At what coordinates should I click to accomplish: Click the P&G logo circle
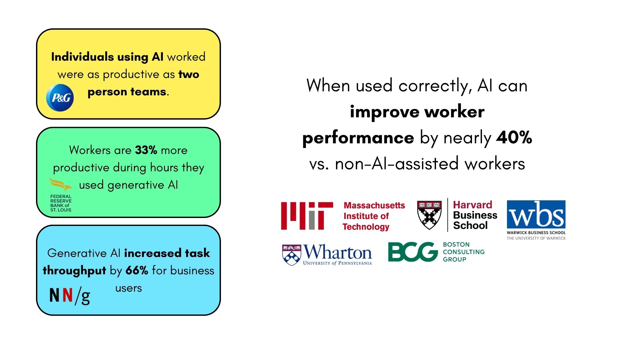(x=60, y=98)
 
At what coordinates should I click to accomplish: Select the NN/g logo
(x=70, y=295)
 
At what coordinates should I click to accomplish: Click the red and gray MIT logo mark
(x=307, y=216)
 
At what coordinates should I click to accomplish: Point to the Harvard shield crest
(x=429, y=215)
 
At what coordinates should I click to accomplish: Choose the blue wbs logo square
(x=536, y=215)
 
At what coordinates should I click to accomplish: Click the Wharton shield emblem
(x=292, y=255)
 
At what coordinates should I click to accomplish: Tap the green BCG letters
(x=413, y=252)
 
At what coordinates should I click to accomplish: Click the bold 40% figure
(x=514, y=137)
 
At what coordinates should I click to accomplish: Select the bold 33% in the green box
(x=146, y=150)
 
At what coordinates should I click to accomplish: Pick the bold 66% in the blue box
(x=137, y=270)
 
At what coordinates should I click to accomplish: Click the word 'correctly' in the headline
(x=435, y=86)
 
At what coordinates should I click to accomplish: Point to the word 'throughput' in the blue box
(x=74, y=271)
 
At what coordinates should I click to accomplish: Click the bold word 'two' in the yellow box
(x=189, y=74)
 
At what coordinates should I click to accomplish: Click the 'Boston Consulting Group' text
(x=464, y=252)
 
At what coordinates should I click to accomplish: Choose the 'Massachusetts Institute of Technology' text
(x=374, y=216)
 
